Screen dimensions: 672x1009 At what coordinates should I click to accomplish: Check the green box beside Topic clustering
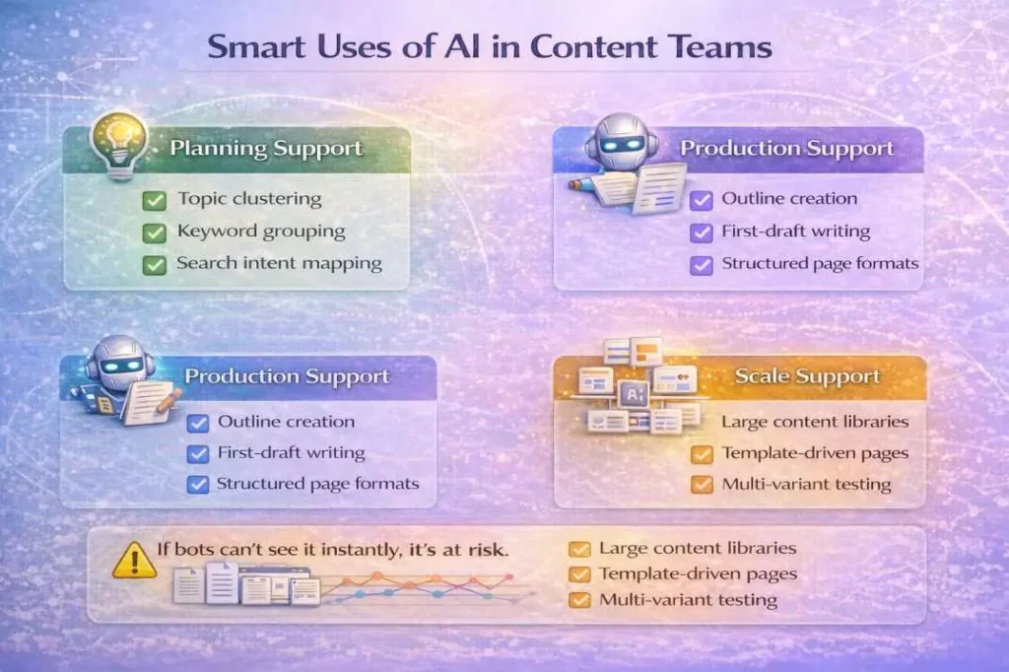154,200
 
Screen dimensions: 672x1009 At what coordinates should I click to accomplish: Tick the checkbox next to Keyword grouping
154,233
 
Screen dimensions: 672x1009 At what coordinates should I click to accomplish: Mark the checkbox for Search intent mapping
154,264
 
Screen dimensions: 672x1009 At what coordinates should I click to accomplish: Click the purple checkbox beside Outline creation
701,200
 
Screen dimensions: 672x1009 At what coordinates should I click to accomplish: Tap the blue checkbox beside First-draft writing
198,454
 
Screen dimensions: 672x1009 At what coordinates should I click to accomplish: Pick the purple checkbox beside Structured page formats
701,264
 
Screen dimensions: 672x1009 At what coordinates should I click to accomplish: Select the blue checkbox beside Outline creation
198,423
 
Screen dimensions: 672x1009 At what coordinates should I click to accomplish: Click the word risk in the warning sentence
487,549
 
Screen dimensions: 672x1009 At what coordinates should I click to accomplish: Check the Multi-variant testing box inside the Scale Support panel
702,485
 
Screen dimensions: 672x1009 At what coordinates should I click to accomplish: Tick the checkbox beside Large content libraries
579,549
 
